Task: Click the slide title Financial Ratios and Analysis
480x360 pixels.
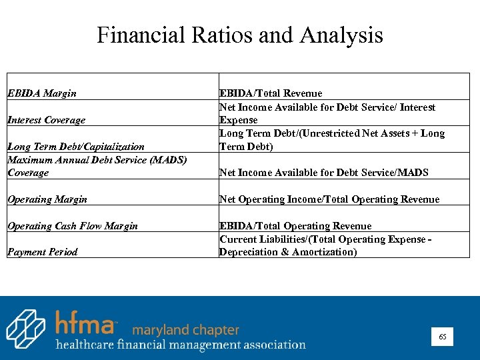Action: coord(240,35)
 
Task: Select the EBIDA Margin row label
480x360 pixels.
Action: coord(41,93)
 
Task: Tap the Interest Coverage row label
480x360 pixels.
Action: coord(46,120)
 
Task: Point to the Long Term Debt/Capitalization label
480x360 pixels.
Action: coord(75,146)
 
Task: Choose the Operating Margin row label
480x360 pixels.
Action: coord(47,199)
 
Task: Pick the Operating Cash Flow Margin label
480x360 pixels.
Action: coord(72,225)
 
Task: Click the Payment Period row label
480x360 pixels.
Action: coord(42,251)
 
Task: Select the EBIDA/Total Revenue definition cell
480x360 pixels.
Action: coord(271,93)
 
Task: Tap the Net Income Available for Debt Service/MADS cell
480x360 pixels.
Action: coord(324,173)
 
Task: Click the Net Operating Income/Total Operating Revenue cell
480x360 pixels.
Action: coord(329,199)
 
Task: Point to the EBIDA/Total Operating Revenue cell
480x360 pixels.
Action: coord(295,225)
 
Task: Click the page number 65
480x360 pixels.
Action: coord(443,337)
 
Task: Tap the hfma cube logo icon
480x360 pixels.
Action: coord(26,329)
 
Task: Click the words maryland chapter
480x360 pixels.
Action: coord(185,330)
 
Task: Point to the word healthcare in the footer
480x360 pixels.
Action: coord(85,345)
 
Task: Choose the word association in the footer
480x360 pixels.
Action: coord(275,345)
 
